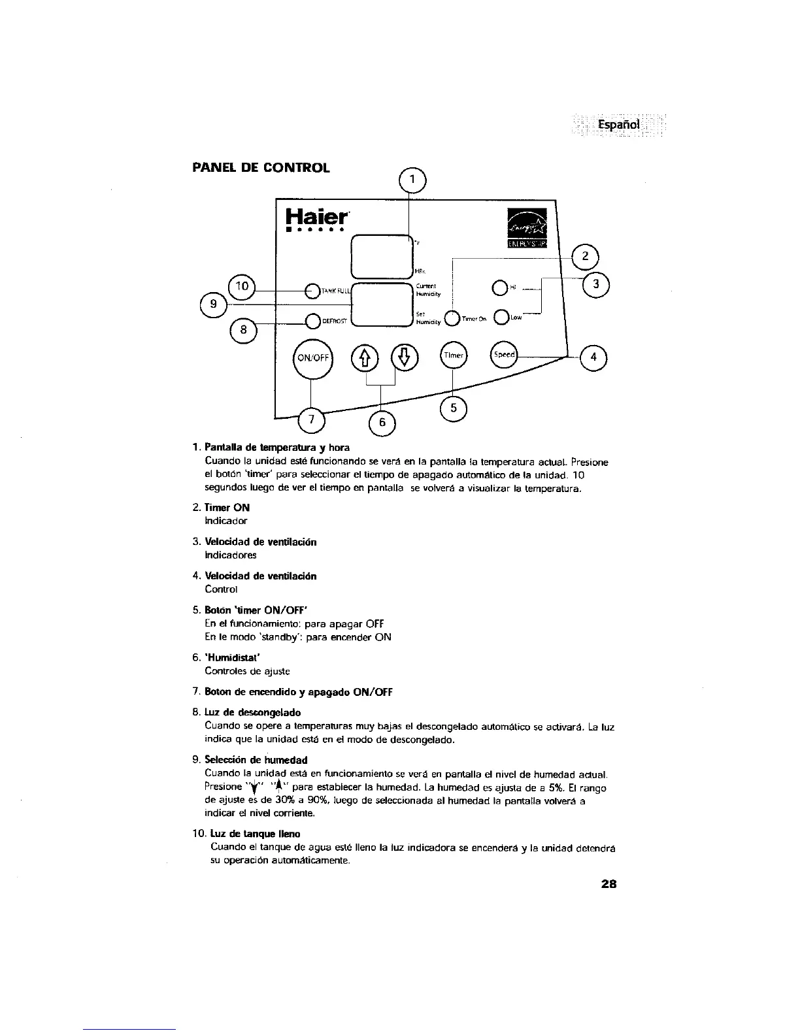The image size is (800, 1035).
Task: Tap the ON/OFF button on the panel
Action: pos(313,357)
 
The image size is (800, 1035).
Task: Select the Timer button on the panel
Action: pos(453,355)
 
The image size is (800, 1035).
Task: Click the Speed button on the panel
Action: pos(504,355)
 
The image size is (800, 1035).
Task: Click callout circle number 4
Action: pos(593,357)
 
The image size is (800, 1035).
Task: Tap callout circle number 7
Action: pos(310,419)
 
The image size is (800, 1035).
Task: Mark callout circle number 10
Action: pos(242,286)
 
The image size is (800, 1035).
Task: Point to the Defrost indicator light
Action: pos(312,320)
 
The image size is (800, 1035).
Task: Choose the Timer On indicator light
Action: pos(452,319)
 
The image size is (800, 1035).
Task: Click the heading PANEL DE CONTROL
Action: pos(261,167)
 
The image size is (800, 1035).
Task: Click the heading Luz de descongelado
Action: pos(253,712)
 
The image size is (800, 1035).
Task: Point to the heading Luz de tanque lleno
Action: pos(256,834)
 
